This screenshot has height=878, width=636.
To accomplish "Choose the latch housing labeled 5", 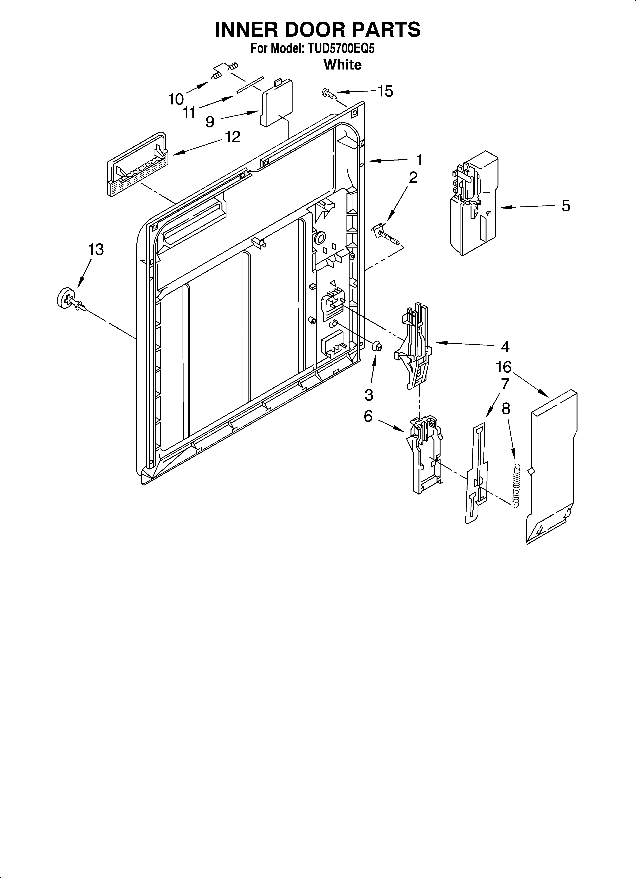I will coord(473,203).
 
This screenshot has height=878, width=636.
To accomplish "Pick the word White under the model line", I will coord(342,65).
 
